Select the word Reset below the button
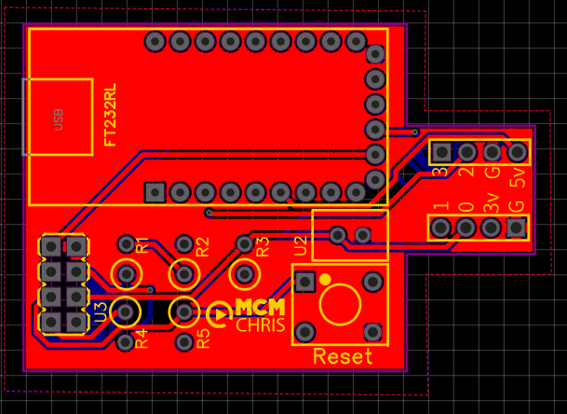coord(342,356)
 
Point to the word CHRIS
coord(261,325)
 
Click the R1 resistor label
coord(142,246)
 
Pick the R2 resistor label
coord(202,246)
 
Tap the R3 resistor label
coord(262,246)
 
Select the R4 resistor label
coord(142,338)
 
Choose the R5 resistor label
coord(203,338)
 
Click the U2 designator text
coord(300,245)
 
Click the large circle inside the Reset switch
coord(341,305)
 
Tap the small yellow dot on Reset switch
coord(324,278)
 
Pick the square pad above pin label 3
coord(440,151)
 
